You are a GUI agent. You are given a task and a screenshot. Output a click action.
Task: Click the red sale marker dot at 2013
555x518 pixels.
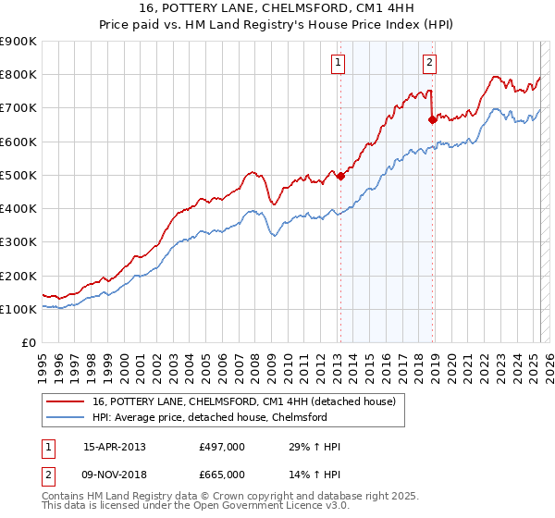point(339,176)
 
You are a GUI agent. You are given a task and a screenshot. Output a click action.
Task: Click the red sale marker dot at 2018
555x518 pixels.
point(432,119)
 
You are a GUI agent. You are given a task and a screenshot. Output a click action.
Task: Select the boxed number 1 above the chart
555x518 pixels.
point(339,63)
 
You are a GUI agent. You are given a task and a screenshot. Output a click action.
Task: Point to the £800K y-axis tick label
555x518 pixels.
point(18,75)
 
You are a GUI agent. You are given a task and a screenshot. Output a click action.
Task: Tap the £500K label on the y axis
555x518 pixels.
point(18,175)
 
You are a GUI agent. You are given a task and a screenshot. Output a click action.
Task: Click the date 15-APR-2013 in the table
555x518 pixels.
point(114,447)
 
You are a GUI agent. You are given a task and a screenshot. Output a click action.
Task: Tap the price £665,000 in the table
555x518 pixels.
point(222,475)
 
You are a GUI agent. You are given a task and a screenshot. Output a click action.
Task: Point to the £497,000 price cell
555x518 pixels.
point(222,447)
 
